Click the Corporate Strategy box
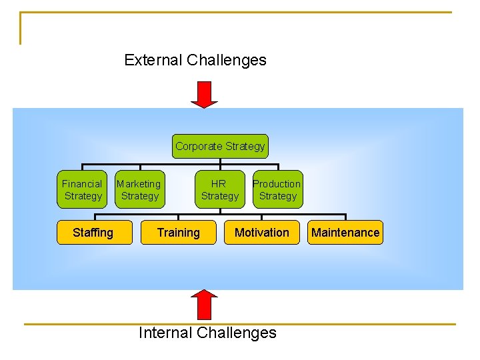point(220,146)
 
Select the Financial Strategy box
point(83,190)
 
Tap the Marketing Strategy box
point(139,190)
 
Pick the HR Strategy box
point(219,190)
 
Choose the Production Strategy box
point(277,190)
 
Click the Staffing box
point(93,233)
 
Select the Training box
point(178,233)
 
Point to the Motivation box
point(262,233)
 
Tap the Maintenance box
point(345,233)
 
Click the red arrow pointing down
point(204,94)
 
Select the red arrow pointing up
point(204,305)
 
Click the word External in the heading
point(153,60)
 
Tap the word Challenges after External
point(227,60)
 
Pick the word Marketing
point(139,184)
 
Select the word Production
point(277,184)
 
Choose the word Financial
point(82,184)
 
